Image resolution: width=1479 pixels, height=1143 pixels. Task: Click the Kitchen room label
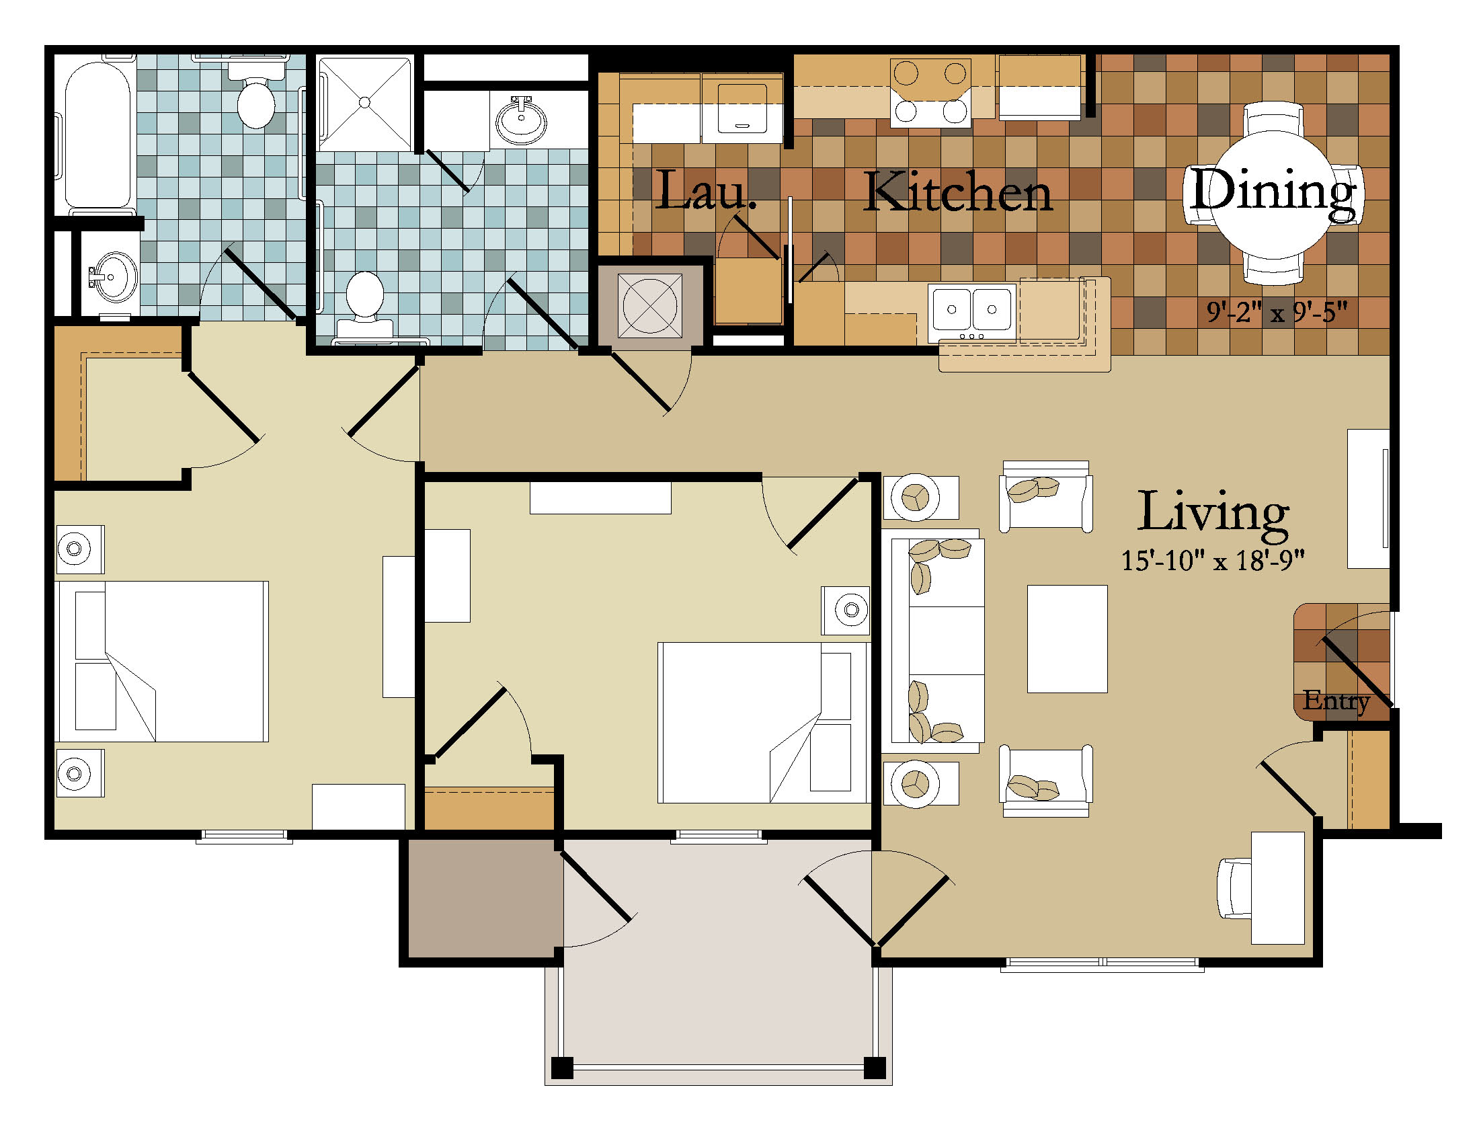tap(957, 192)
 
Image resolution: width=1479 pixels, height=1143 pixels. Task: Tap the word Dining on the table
tap(1273, 192)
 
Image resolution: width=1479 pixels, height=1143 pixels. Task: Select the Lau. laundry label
tap(706, 190)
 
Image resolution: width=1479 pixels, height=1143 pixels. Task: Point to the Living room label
tap(1213, 514)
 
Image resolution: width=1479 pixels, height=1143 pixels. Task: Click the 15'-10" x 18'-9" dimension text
tap(1213, 561)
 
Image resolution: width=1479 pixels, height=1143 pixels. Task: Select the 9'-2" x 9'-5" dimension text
tap(1277, 312)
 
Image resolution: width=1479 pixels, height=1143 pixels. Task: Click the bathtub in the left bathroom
tap(97, 135)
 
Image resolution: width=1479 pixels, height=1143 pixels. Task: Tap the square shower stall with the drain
tap(365, 103)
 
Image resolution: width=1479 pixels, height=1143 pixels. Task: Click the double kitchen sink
tap(972, 310)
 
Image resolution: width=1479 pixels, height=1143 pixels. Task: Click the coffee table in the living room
tap(1068, 639)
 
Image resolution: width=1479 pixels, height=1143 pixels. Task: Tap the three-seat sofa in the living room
tap(933, 641)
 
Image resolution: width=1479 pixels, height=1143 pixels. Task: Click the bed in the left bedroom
tap(163, 662)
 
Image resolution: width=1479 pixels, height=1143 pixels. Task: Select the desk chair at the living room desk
tap(1234, 888)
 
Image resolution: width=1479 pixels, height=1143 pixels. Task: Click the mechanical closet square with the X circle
tap(650, 305)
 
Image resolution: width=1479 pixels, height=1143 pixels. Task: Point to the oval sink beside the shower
tap(521, 120)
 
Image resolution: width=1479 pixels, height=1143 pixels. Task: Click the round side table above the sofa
tap(915, 498)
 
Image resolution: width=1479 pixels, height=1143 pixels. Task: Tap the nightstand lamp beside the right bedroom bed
tap(851, 610)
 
